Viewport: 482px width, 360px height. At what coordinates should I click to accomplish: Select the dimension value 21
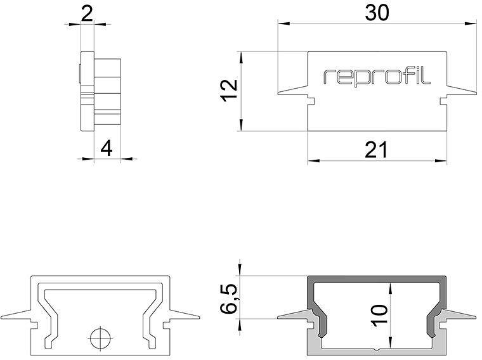click(x=376, y=150)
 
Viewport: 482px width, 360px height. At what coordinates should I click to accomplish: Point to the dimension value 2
click(x=88, y=13)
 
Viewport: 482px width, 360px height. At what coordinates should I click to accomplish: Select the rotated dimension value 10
click(x=379, y=315)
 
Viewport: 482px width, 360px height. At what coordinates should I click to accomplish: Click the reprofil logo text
click(x=377, y=77)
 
